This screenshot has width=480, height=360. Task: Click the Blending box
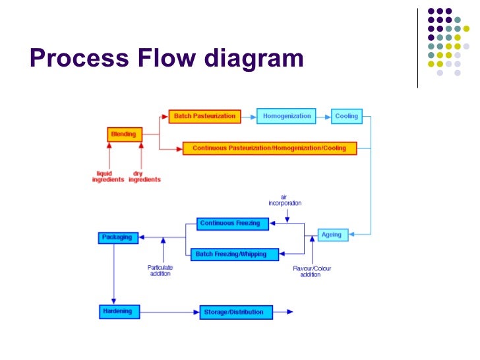[x=124, y=135]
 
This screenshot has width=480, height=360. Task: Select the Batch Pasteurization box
[x=204, y=117]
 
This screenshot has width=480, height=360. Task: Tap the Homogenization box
[x=286, y=117]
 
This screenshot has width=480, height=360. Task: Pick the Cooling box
[x=346, y=117]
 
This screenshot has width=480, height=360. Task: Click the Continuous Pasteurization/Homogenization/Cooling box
[x=269, y=148]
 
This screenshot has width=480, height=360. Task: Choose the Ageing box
[x=331, y=235]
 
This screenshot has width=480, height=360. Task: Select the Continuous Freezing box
[x=229, y=224]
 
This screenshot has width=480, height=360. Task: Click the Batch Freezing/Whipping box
[x=235, y=254]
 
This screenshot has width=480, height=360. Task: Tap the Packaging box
[x=117, y=237]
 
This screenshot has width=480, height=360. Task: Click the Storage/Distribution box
[x=235, y=312]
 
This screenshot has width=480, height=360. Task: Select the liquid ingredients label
[x=108, y=177]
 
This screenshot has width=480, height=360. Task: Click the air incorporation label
[x=285, y=200]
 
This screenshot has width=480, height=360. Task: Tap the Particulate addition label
[x=160, y=270]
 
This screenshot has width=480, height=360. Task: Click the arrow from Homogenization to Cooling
[x=322, y=117]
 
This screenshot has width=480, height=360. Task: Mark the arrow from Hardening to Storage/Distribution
[x=169, y=312]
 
